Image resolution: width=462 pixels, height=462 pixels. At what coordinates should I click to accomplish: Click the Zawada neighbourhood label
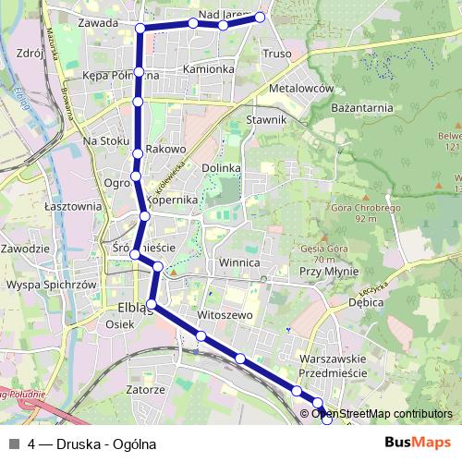pos(99,22)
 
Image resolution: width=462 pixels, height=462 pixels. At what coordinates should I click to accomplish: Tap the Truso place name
pos(276,54)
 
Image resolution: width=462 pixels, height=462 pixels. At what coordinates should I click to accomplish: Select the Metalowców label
pos(300,88)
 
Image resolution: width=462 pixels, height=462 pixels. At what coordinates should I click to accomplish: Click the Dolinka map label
pos(221,168)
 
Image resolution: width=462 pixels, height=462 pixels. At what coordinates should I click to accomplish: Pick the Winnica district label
pos(240,263)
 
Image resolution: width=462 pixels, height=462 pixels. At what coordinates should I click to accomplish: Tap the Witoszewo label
pos(225,315)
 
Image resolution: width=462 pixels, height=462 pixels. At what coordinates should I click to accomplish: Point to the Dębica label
pos(367,301)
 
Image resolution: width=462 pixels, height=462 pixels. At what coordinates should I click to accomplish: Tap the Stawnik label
pos(268,120)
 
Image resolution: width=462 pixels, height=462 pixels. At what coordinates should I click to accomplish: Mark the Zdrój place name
pos(30,54)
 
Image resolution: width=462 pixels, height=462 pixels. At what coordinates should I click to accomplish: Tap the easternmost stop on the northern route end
pos(260,18)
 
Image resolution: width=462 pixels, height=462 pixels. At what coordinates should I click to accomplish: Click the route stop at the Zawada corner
pos(140,29)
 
